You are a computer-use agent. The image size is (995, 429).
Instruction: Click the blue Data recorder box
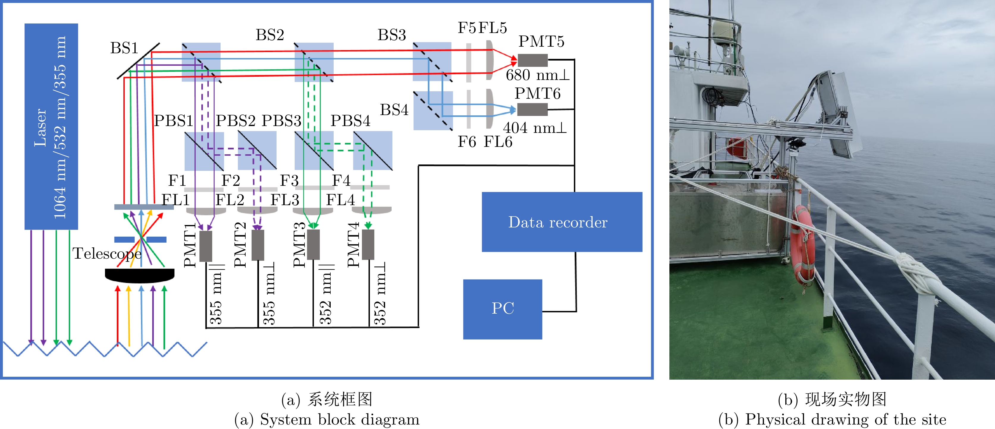point(562,222)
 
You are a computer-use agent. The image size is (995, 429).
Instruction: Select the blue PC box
point(503,309)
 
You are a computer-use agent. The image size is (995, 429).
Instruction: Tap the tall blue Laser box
point(51,127)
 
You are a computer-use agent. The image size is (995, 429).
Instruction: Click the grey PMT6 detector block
point(532,110)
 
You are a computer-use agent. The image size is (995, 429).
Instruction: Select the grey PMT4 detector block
point(368,245)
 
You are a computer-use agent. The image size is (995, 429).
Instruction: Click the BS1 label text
point(124,48)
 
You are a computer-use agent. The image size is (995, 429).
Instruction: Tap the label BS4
point(394,110)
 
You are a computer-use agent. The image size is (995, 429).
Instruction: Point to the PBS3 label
point(281,121)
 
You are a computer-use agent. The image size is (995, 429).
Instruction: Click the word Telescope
point(107,254)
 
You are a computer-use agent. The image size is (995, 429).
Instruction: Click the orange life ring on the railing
point(803,247)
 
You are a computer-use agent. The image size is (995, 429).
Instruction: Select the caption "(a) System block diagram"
point(327,419)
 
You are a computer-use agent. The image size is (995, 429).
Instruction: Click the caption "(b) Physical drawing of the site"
point(832,419)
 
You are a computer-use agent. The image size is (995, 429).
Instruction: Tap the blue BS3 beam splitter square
point(432,62)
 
